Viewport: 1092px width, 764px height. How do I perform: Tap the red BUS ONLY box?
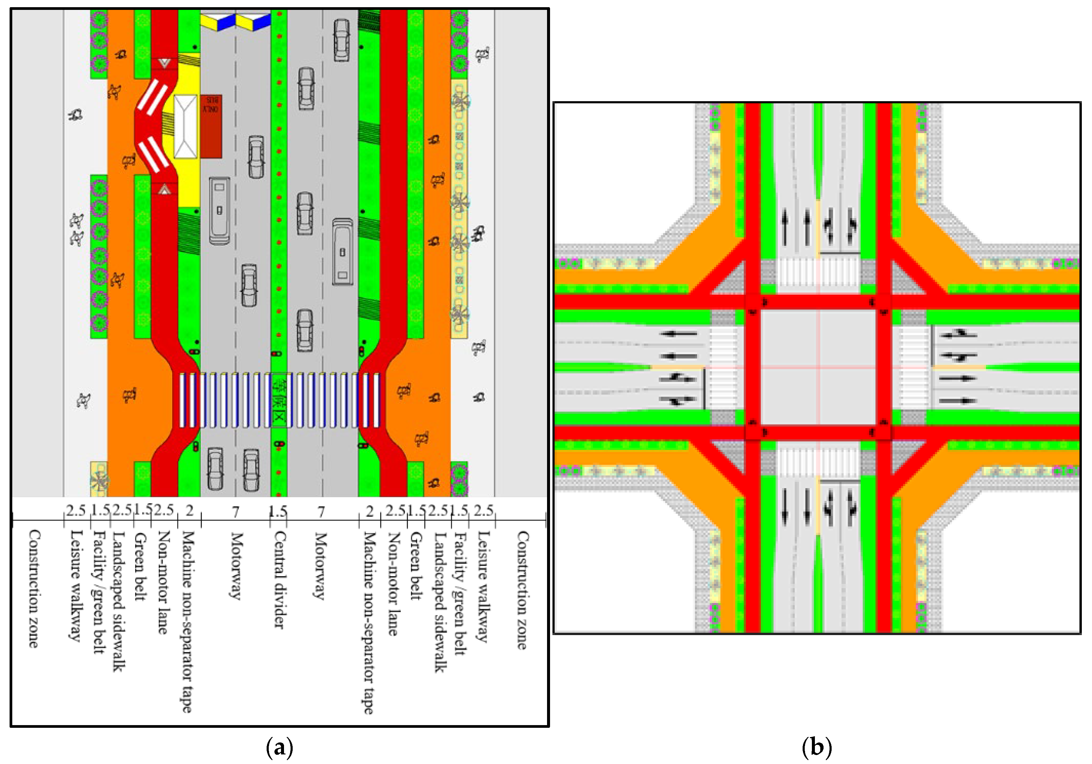[x=211, y=126]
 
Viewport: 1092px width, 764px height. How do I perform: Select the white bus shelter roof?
[x=186, y=127]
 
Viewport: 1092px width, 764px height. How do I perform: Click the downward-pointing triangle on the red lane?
[x=165, y=63]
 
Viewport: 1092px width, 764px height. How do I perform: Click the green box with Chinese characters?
[x=279, y=400]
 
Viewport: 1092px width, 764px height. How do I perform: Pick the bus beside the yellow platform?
[x=219, y=211]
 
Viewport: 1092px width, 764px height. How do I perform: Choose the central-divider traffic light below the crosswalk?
[x=279, y=444]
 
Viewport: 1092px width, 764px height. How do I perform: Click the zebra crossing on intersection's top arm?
[x=818, y=276]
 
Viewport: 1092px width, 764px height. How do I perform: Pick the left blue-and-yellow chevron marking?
[x=218, y=22]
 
